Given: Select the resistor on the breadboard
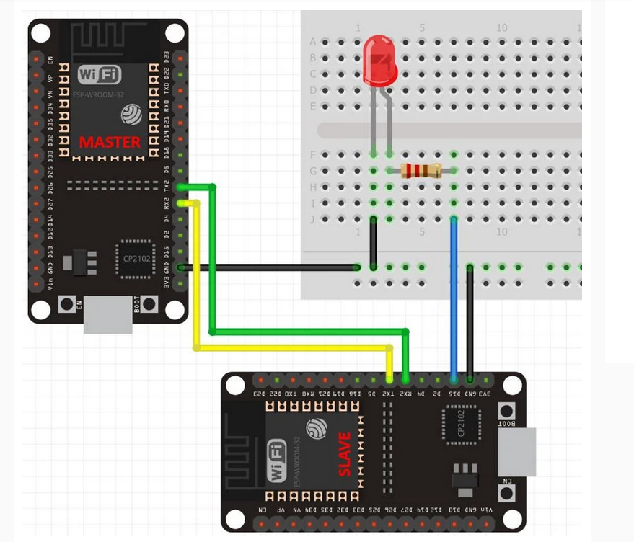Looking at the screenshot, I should coord(421,171).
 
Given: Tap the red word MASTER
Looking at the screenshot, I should coord(110,142).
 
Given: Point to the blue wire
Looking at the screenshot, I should coord(454,296).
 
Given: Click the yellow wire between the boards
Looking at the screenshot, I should coord(289,348).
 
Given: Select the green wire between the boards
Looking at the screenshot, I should coord(303,332).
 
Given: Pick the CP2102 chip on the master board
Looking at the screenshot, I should coord(135,257).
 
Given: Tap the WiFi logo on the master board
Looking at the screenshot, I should coord(100,74).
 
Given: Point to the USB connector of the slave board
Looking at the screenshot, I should coord(517,451).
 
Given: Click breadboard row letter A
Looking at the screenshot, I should coord(313,42).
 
